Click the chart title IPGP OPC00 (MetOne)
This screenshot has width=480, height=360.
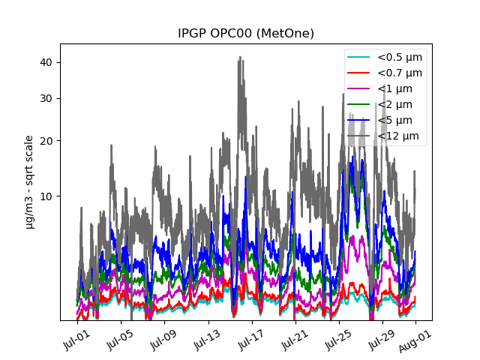[x=245, y=34]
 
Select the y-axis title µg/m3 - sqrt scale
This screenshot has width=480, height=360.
[x=29, y=181]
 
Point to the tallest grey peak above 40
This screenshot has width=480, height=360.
[x=240, y=57]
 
